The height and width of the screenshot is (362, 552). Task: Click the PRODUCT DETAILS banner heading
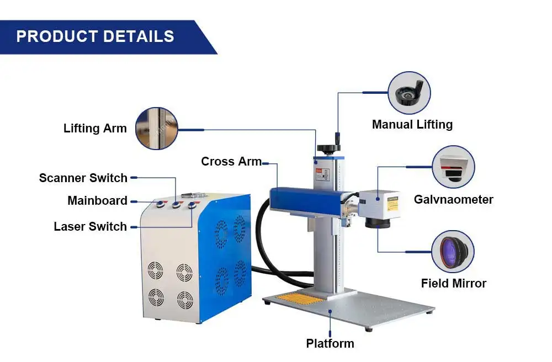pos(95,36)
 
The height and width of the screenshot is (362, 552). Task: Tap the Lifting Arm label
pos(95,129)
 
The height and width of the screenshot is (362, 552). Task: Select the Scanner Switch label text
pos(83,178)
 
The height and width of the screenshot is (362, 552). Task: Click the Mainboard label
pos(97,200)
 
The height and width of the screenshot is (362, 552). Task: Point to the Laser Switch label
pos(90,226)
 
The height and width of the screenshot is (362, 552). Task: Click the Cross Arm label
pos(231,162)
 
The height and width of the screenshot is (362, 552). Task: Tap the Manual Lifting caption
pos(412,124)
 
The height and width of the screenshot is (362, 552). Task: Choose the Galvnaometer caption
pos(453,199)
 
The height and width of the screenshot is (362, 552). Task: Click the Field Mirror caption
pos(453,283)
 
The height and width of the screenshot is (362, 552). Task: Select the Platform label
pos(330,343)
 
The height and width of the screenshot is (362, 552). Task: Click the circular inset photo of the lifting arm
pos(156,129)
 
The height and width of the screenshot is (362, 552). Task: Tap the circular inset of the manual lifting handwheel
pos(409,93)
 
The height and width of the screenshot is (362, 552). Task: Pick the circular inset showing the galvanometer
pos(453,167)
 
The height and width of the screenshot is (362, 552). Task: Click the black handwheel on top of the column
pos(327,148)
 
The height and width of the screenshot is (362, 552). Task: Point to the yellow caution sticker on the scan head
pos(392,203)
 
